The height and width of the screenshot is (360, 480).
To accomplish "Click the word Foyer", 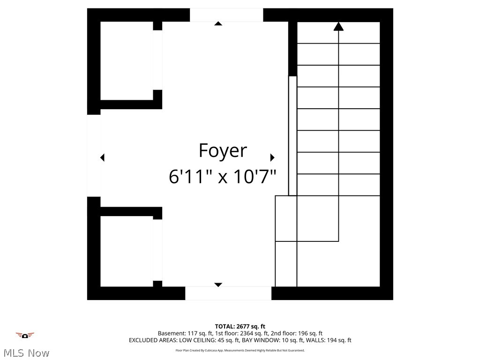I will point(222,151).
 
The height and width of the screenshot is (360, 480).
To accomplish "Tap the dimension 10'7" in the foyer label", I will point(253,177).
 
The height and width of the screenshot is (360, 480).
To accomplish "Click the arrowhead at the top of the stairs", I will point(338,26).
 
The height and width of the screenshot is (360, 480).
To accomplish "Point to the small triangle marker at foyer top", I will point(218,23).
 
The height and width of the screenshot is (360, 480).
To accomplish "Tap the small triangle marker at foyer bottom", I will point(218,285).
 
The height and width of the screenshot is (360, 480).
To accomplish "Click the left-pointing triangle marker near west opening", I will point(102,157).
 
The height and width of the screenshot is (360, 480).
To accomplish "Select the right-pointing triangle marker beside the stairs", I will point(272,157).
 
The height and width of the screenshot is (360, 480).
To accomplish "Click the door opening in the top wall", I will point(226,15).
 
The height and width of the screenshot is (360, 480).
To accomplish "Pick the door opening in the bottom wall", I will point(228,293).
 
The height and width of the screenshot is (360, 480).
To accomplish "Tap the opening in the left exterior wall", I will point(94,156).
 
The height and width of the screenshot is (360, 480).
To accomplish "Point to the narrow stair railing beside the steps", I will point(292,136).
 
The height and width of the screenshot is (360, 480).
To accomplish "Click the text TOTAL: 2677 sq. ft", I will point(240,326).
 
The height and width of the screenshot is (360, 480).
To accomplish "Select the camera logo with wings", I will point(25,335).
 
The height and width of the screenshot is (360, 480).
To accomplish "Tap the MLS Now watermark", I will point(26,352).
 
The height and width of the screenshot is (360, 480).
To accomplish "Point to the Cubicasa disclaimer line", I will point(240,350).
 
